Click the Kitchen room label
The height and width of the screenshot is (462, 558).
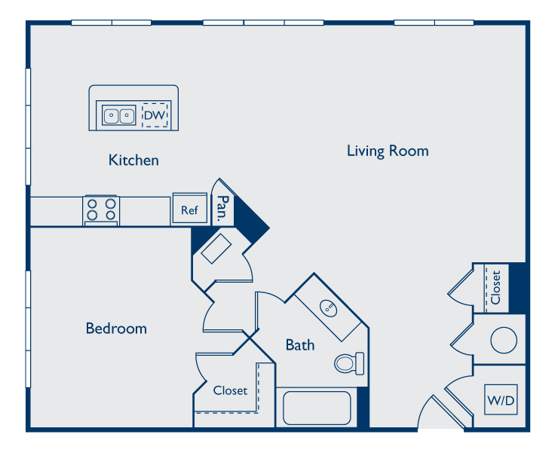coord(133,160)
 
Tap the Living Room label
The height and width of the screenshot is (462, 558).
coord(388,151)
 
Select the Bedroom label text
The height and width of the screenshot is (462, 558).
coord(116,329)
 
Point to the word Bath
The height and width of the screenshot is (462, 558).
coord(300,345)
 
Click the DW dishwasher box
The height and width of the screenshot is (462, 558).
coord(155,115)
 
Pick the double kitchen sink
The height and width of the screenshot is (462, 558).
coord(119,115)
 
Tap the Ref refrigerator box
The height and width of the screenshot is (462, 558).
coord(190,209)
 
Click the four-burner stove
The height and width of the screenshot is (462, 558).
coord(102,210)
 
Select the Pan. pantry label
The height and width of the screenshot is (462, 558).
coord(222,209)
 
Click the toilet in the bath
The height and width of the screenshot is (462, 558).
coord(349,363)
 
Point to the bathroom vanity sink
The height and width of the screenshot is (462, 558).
coord(328,308)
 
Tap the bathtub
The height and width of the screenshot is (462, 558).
coord(317,408)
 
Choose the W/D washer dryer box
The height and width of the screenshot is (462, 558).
coord(501,399)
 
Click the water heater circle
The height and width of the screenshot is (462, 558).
coord(504,340)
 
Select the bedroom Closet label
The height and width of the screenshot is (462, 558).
coord(230,390)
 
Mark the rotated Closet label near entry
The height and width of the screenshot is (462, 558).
coord(495,287)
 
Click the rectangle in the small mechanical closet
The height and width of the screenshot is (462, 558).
coord(216,249)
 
